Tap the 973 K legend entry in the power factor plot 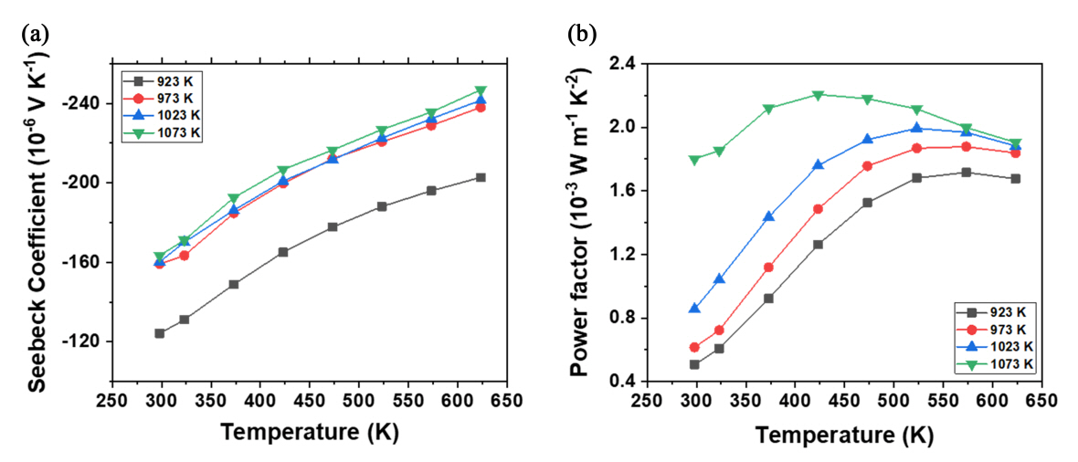(x=998, y=329)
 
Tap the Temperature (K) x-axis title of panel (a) (x=309, y=434)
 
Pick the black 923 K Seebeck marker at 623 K (x=481, y=177)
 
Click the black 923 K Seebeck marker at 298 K (x=160, y=333)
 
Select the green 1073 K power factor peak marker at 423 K (x=818, y=95)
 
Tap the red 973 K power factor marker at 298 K (x=694, y=347)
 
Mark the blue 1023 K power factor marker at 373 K (x=768, y=216)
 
